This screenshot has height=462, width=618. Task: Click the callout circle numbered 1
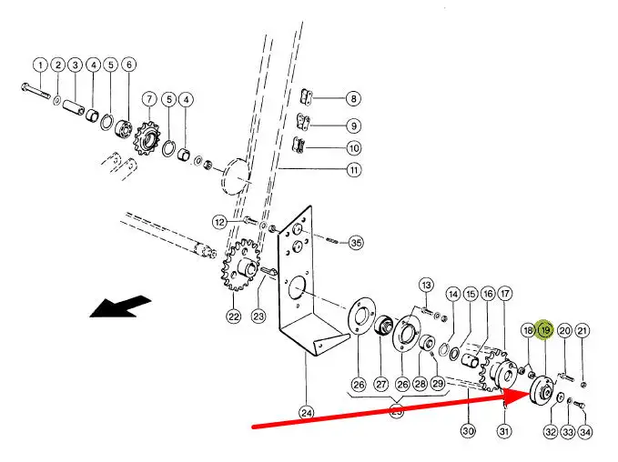pyautogui.click(x=40, y=65)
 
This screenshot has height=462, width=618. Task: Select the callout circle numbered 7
pyautogui.click(x=147, y=98)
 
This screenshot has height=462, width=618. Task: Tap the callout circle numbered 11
pyautogui.click(x=353, y=169)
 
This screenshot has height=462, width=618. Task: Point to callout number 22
pyautogui.click(x=234, y=316)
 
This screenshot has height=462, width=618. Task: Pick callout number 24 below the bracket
pyautogui.click(x=307, y=413)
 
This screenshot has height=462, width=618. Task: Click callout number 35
pyautogui.click(x=356, y=243)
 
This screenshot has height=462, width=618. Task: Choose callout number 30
pyautogui.click(x=468, y=430)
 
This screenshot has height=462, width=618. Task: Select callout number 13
pyautogui.click(x=426, y=286)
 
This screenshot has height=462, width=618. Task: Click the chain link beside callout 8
pyautogui.click(x=309, y=96)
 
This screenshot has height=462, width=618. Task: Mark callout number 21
pyautogui.click(x=583, y=330)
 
